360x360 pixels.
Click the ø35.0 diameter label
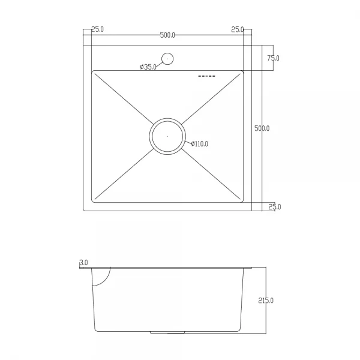(148, 67)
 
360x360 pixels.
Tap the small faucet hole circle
(168, 59)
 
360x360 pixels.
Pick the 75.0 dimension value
(273, 58)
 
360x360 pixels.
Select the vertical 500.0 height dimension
(262, 128)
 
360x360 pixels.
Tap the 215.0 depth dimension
(266, 300)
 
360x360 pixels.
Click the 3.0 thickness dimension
(83, 263)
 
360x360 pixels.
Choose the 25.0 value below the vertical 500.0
(274, 207)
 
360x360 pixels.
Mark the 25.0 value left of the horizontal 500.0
(97, 29)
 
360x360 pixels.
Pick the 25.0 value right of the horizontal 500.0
(237, 29)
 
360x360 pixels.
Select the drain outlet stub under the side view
(169, 332)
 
